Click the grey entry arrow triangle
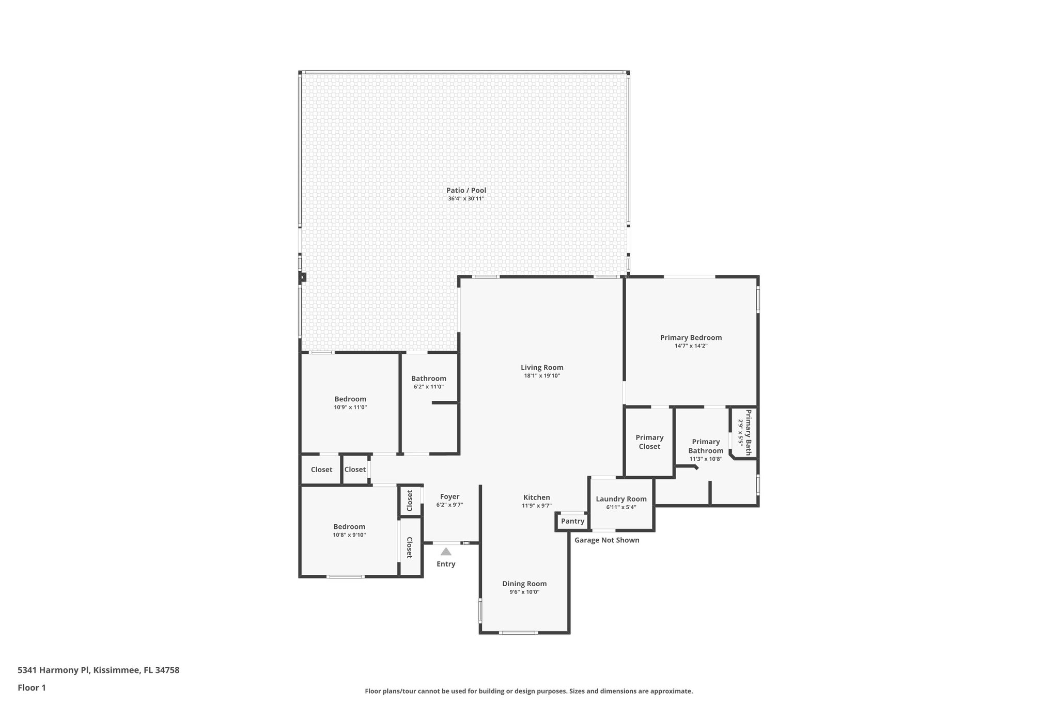pyautogui.click(x=446, y=551)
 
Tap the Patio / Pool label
pyautogui.click(x=466, y=191)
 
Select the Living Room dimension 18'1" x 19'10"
pyautogui.click(x=542, y=376)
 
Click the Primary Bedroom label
pyautogui.click(x=691, y=338)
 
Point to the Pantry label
pyautogui.click(x=572, y=521)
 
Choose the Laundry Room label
pyautogui.click(x=621, y=499)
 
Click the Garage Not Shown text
pyautogui.click(x=607, y=540)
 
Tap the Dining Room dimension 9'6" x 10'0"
pyautogui.click(x=524, y=592)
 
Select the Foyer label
pyautogui.click(x=449, y=497)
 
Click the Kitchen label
pyautogui.click(x=537, y=497)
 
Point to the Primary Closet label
pyautogui.click(x=649, y=442)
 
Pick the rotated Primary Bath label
pyautogui.click(x=749, y=432)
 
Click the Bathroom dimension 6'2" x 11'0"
pyautogui.click(x=428, y=387)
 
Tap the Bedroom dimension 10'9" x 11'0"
pyautogui.click(x=350, y=408)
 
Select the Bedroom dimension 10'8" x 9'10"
pyautogui.click(x=349, y=535)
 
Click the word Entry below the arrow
pyautogui.click(x=446, y=564)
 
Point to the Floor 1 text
pyautogui.click(x=32, y=687)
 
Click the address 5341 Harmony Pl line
pyautogui.click(x=98, y=670)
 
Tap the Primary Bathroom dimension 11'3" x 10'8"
pyautogui.click(x=706, y=459)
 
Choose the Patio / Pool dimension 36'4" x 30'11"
pyautogui.click(x=466, y=199)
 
